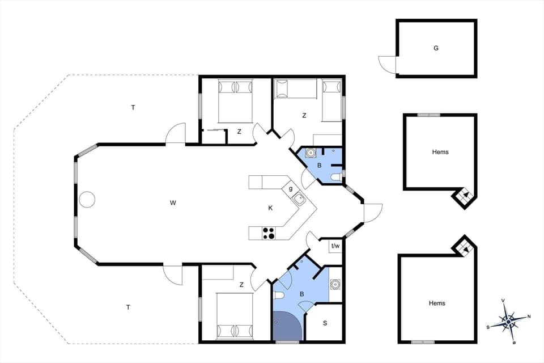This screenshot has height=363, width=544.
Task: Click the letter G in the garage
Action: point(436,48)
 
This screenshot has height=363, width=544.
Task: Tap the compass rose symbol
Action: point(508,321)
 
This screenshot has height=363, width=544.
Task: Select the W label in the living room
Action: point(173,202)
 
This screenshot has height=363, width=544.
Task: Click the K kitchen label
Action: point(271,208)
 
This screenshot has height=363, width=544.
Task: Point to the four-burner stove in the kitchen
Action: point(269,233)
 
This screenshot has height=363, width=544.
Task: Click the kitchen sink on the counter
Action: point(299,199)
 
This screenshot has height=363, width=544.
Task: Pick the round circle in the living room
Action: point(87,200)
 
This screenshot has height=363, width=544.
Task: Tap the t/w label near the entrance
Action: point(335,246)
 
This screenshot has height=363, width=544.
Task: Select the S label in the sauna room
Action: point(325,323)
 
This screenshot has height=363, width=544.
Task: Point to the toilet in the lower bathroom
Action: point(278,296)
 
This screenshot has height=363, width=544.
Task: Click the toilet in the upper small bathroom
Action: point(336,177)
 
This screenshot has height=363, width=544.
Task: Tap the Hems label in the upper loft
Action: point(440,152)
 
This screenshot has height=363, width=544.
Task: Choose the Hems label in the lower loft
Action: point(437,303)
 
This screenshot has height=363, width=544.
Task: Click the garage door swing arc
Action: point(386,65)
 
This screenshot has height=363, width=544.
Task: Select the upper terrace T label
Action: point(133,107)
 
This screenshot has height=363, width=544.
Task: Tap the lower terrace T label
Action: point(128,307)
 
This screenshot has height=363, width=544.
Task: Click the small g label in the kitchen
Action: point(291,188)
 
